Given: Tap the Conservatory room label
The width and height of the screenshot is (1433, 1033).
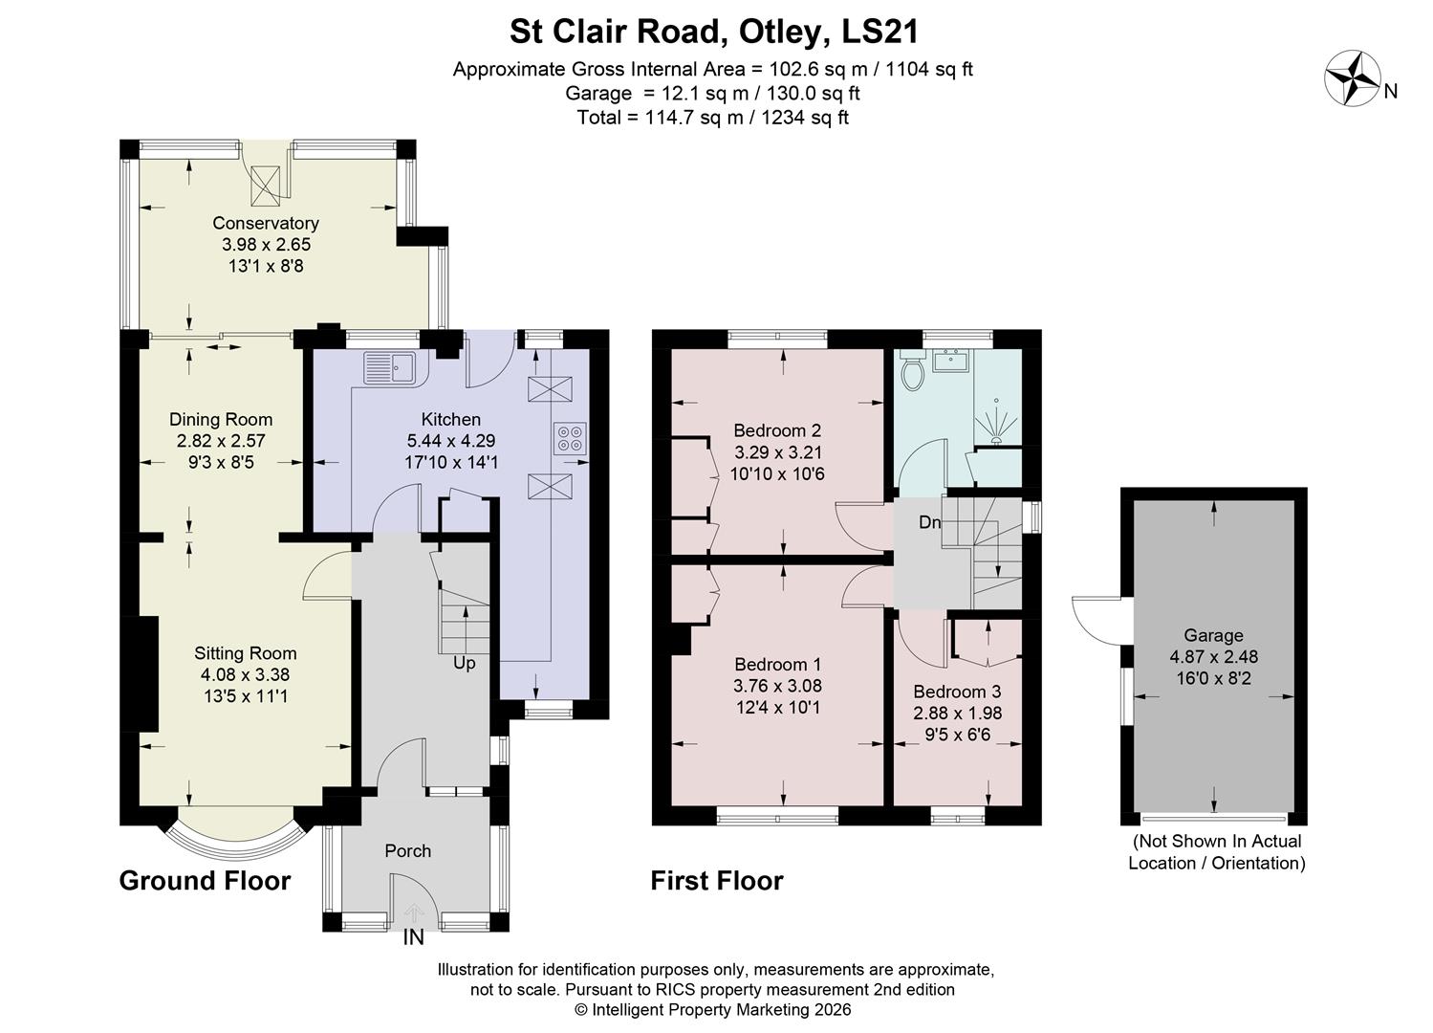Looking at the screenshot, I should [266, 223].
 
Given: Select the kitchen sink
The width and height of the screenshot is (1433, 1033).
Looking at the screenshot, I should [388, 367].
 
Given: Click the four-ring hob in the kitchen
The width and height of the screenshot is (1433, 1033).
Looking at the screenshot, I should [570, 438].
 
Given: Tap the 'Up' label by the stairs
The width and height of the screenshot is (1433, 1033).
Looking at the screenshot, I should [464, 663].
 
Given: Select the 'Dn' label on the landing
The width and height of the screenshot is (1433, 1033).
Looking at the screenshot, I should [929, 522].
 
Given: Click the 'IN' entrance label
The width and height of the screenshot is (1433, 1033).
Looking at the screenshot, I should [413, 938].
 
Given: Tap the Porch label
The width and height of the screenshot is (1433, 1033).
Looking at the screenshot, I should [408, 850].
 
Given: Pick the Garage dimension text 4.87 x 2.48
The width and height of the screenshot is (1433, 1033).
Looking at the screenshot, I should [1213, 657].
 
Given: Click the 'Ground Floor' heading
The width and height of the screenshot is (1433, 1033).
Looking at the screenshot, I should [205, 880].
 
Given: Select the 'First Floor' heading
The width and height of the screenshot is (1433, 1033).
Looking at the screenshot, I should [717, 880].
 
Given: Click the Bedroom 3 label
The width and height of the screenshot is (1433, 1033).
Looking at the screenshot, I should [957, 692].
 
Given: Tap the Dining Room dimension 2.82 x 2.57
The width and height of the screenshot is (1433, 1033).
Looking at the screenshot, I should [221, 441].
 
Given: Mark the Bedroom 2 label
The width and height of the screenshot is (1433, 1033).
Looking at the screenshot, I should [777, 430].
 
